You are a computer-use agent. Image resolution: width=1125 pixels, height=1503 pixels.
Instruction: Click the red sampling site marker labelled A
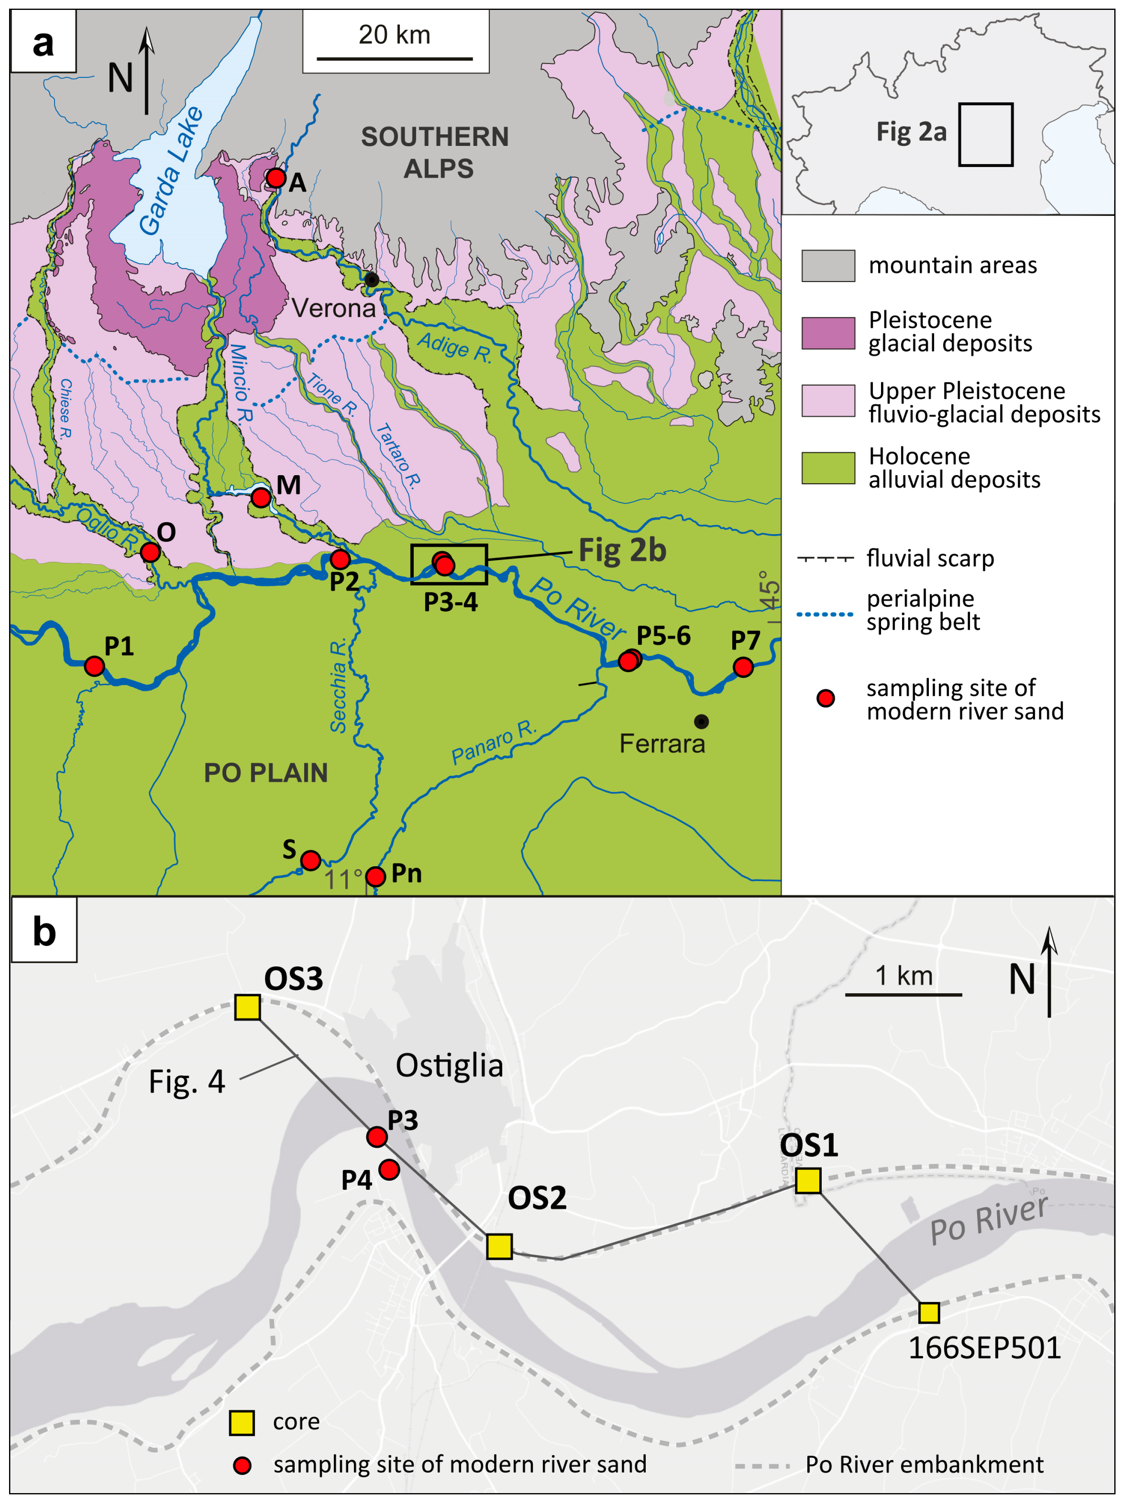click(x=276, y=178)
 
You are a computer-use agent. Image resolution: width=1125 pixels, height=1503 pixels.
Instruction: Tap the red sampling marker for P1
click(x=94, y=666)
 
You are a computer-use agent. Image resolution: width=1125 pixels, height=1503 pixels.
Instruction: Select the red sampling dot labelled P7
click(x=743, y=667)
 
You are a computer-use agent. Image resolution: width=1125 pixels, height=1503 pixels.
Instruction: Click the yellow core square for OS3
click(x=247, y=1007)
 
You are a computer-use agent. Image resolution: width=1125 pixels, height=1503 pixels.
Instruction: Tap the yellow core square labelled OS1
click(x=808, y=1180)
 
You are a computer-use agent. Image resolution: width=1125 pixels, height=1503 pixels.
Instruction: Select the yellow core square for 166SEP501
click(x=929, y=1312)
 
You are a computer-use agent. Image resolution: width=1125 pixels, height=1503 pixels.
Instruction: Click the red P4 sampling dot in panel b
click(x=389, y=1169)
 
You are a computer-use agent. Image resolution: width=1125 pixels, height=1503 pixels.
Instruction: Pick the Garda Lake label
click(x=171, y=171)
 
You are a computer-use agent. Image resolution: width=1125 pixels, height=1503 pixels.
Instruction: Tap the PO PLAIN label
click(x=266, y=773)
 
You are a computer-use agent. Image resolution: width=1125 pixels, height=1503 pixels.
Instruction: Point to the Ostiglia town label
click(x=449, y=1065)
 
